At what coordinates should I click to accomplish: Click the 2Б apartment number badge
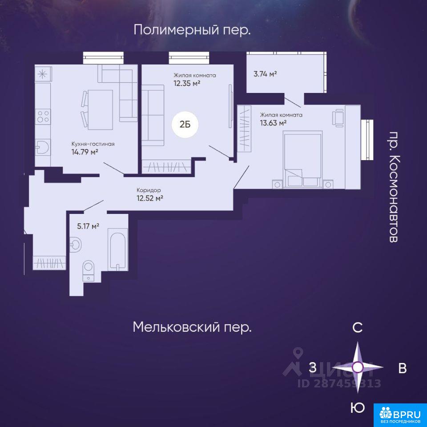185,125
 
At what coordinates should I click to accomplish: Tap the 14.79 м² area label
85,152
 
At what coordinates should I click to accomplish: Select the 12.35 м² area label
187,83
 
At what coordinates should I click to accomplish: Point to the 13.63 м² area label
273,123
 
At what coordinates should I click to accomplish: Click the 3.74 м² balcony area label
265,74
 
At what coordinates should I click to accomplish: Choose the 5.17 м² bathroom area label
88,226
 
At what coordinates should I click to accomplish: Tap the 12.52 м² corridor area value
150,198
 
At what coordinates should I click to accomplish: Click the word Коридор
149,190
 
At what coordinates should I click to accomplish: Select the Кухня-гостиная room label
93,144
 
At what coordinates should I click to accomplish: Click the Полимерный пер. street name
192,30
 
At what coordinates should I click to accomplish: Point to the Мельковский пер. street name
192,327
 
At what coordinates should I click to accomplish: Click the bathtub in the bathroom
117,250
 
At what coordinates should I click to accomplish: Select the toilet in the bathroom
88,270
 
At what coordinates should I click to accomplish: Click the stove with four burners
43,117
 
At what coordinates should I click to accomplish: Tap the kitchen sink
43,147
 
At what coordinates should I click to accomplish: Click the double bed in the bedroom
302,159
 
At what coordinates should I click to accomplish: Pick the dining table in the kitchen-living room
100,109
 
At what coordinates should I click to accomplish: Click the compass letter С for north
357,327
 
